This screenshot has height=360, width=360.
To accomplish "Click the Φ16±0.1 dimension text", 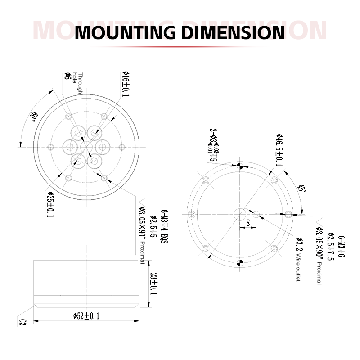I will coord(126,85).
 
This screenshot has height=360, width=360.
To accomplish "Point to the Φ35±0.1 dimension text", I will coord(49,205).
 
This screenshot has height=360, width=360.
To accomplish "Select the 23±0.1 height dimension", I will coord(153,284).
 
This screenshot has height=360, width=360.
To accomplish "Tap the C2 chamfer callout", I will coord(23,322).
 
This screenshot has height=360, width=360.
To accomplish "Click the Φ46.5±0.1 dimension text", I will coord(279,150).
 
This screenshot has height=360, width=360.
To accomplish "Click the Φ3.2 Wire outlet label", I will coord(299,261).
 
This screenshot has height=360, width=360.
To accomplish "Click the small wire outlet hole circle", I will coord(256,214).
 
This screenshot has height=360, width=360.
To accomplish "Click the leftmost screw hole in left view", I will coord(50,147).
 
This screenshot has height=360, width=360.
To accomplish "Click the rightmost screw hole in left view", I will coord(121,147).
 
